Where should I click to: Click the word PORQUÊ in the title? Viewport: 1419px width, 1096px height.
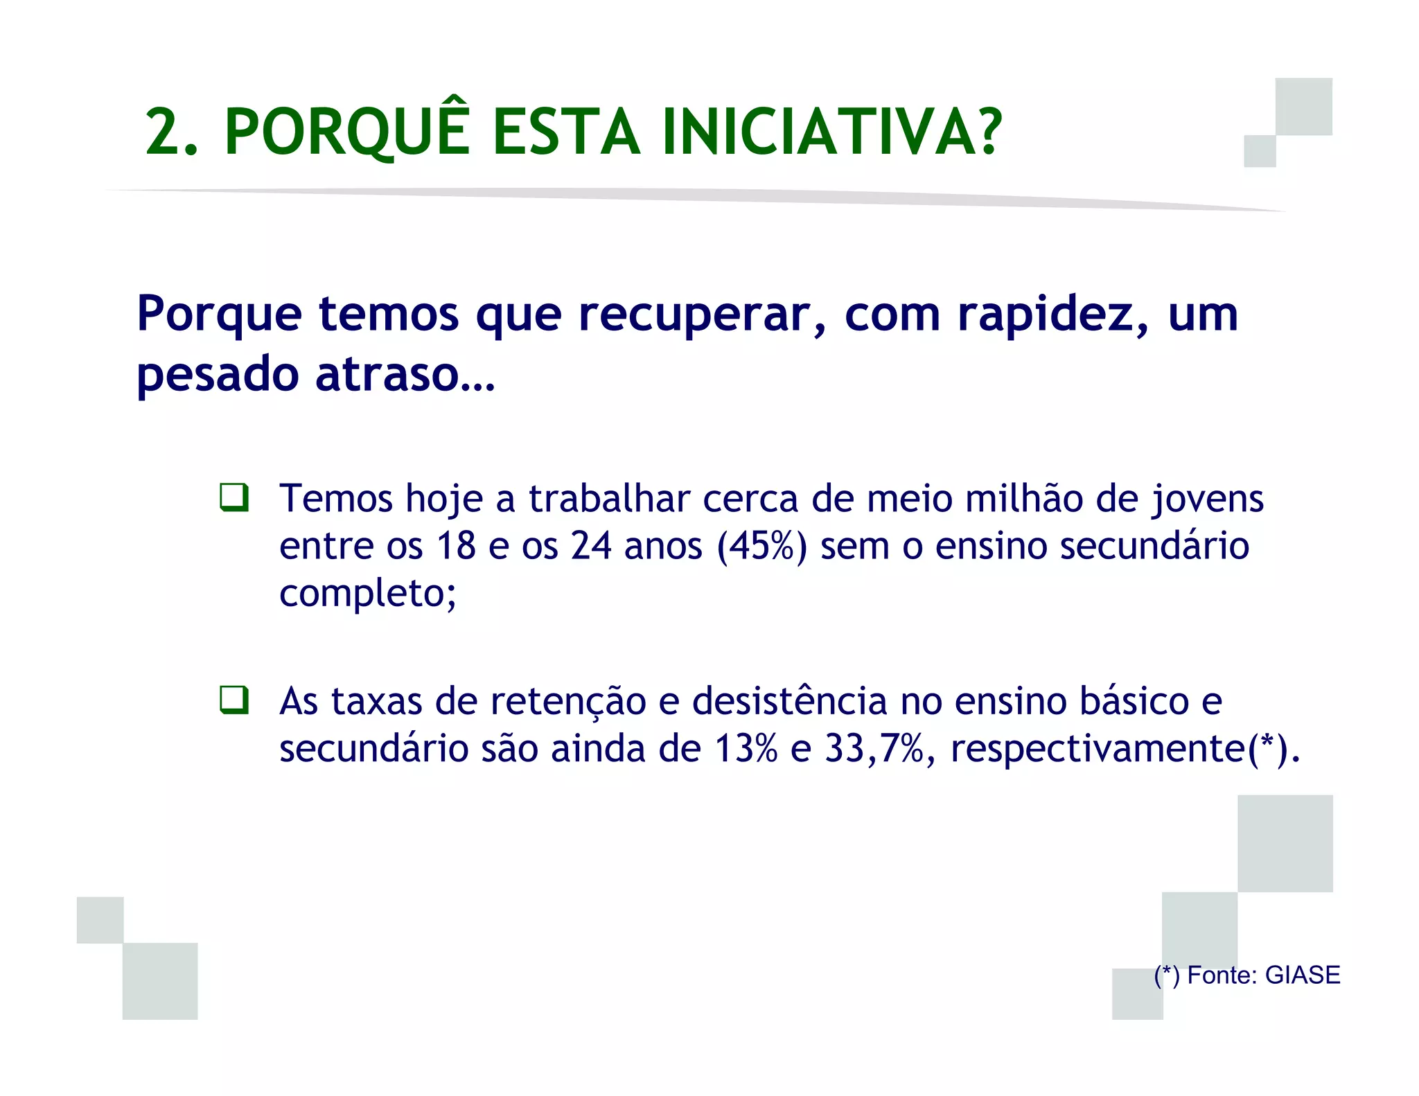tap(347, 132)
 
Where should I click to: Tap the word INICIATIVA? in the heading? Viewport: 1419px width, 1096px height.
tap(831, 132)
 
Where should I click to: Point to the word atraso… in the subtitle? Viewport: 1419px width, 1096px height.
tap(405, 375)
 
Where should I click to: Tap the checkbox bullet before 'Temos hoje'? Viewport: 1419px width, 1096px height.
tap(234, 497)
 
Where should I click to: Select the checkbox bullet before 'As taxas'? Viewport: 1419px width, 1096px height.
tap(234, 700)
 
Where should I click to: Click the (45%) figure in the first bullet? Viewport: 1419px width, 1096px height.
tap(762, 546)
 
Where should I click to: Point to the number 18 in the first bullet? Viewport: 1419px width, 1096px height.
tap(456, 546)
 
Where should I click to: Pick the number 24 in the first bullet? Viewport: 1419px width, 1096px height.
tap(591, 546)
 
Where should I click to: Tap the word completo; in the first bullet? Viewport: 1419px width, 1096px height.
tap(368, 593)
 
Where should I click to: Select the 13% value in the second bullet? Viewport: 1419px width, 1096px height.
tap(746, 748)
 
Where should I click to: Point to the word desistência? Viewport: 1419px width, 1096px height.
tap(790, 701)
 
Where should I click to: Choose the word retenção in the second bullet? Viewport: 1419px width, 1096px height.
tap(568, 701)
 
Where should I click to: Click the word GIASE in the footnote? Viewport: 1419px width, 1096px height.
tap(1303, 975)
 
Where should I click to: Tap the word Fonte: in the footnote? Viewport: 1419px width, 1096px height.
tap(1222, 975)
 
